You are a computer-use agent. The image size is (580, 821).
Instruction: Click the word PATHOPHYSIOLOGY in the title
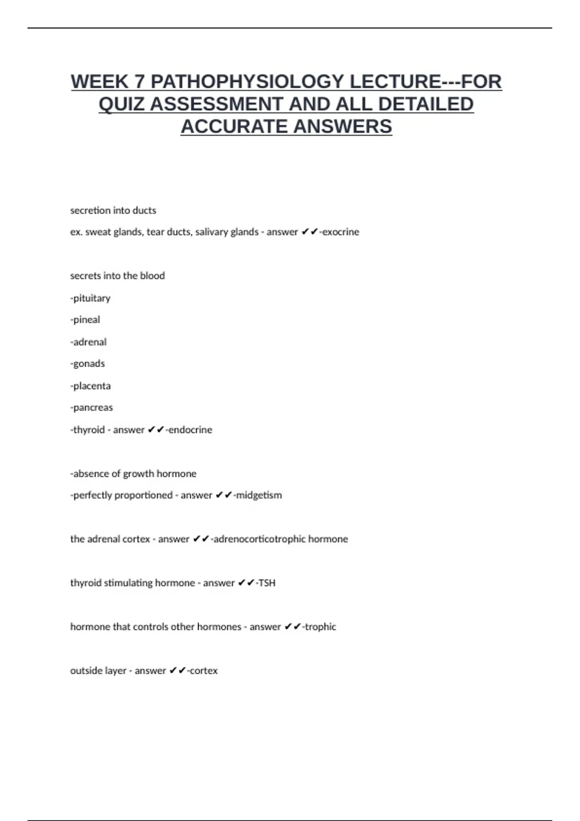[247, 82]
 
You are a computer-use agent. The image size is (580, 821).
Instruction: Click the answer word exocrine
[341, 232]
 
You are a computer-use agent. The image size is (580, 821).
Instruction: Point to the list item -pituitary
[90, 298]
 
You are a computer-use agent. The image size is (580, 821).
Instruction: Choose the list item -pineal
[85, 320]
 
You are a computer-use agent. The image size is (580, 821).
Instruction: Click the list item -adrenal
[88, 342]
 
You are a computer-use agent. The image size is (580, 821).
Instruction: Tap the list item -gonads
[87, 364]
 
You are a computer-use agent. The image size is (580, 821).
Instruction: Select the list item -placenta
[90, 386]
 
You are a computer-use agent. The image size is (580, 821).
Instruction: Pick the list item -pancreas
[91, 408]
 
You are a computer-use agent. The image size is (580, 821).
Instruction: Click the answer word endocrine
[190, 430]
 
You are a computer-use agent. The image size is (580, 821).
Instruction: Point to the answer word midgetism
[259, 495]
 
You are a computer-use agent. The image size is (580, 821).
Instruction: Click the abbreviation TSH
[267, 583]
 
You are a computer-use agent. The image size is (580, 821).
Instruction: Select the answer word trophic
[320, 627]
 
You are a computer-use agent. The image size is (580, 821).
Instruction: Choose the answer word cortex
[203, 671]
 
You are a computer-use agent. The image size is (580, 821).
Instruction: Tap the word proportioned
[123, 495]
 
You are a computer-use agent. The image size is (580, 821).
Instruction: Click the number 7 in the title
[140, 82]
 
